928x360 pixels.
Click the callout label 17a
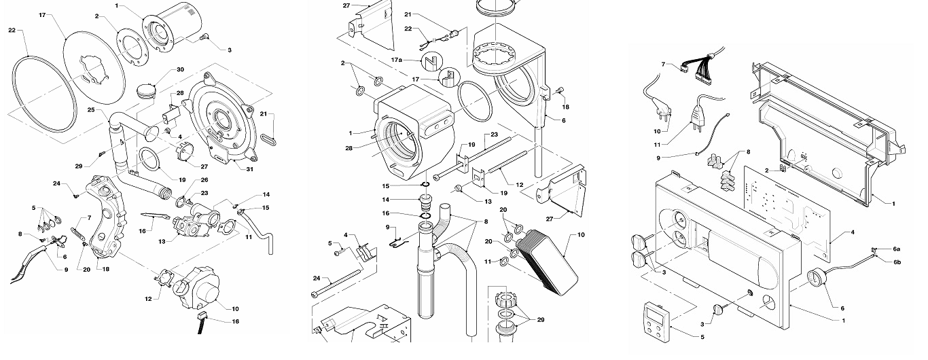tap(397, 60)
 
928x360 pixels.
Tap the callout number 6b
tap(897, 262)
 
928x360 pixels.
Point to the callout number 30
tap(161, 70)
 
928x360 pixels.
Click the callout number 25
tap(91, 109)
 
